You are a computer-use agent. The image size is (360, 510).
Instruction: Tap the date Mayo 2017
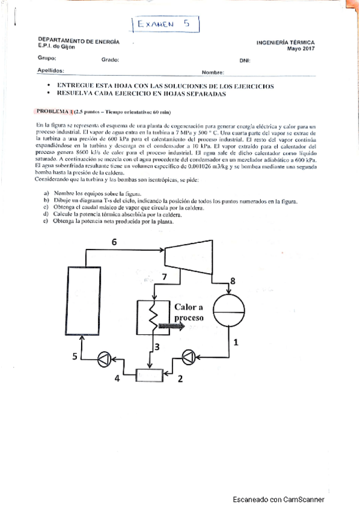(301, 49)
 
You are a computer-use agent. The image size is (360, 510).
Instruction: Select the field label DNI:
(245, 60)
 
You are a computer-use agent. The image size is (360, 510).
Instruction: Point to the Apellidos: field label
(50, 70)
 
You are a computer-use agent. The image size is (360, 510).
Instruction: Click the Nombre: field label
(213, 72)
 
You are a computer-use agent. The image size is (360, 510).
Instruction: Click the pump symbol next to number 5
(103, 358)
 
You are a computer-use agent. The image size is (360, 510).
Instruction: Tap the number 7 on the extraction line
(165, 276)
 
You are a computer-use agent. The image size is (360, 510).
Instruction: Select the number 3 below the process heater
(157, 347)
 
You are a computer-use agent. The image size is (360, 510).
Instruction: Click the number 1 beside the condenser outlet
(236, 343)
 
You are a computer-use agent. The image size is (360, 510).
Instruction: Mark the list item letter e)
(46, 221)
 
